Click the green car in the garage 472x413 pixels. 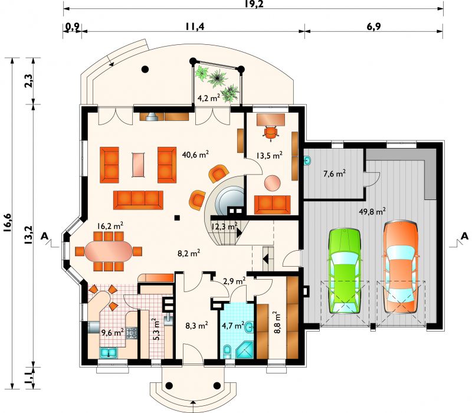tap(345, 271)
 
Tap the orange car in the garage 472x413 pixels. tap(401, 267)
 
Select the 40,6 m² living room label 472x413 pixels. tap(195, 155)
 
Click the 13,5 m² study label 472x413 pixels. tap(270, 155)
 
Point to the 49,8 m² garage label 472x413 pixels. tap(372, 211)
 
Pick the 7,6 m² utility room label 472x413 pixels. tap(334, 173)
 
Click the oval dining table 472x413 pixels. tap(109, 252)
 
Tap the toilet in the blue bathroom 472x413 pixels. tap(228, 352)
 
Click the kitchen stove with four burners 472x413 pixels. tap(132, 333)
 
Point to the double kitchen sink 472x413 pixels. tap(109, 352)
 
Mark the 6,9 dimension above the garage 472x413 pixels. tap(374, 27)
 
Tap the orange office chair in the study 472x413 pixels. tap(271, 133)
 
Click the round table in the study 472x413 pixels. tap(273, 183)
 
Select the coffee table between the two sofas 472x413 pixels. tap(139, 165)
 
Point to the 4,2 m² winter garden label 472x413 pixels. tap(209, 97)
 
